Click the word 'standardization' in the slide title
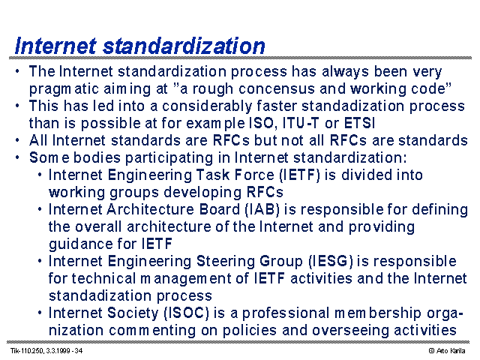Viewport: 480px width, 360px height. (184, 46)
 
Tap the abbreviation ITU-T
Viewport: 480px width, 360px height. (301, 123)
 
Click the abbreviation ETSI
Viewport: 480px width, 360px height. (359, 123)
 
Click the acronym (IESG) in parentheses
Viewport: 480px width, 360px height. (331, 262)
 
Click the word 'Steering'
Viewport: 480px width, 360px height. (226, 262)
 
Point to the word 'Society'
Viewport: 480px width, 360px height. (133, 313)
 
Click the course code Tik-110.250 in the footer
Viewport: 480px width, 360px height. (27, 351)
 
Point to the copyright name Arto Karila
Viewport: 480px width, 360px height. (450, 351)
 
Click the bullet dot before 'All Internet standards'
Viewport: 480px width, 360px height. (17, 140)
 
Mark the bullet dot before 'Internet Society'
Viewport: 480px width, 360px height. (40, 313)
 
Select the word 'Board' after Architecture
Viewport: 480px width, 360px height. (220, 210)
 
